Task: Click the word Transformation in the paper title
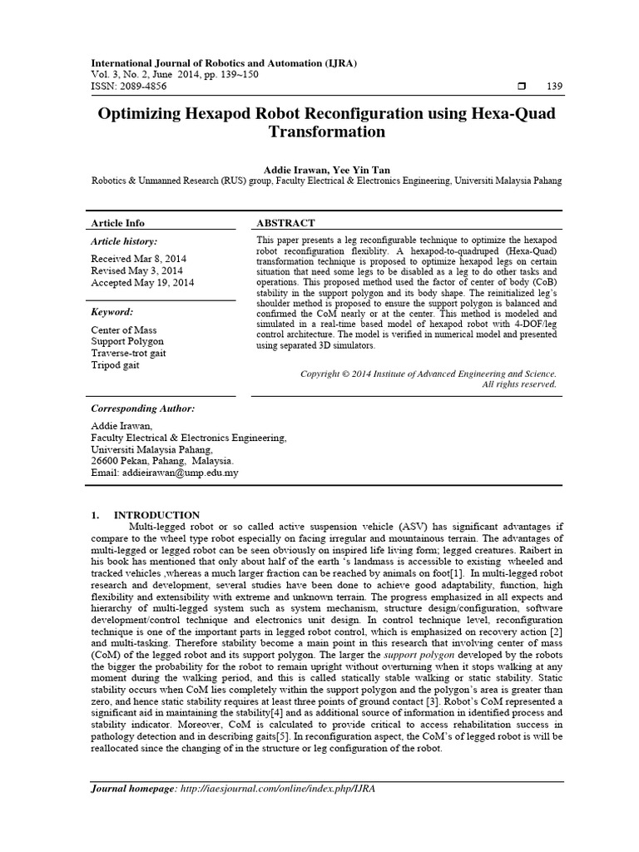[326, 132]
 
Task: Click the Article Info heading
[117, 223]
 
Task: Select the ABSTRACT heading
[286, 223]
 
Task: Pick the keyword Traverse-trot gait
[127, 353]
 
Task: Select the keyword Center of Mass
[122, 329]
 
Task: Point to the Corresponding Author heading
[142, 409]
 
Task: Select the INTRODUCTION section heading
[156, 515]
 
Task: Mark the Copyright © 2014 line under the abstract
[428, 374]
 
